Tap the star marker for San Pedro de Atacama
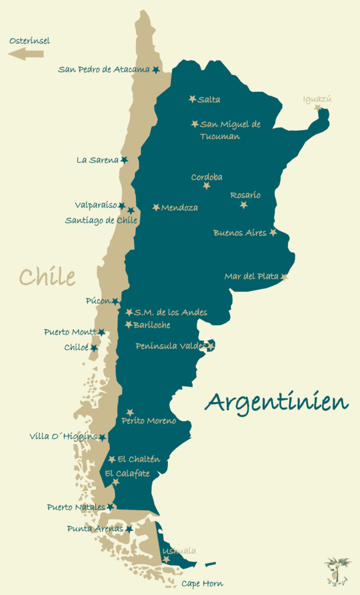pos(156,70)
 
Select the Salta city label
pos(209,100)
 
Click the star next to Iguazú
pos(318,107)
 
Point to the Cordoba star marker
pos(207,186)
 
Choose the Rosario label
pos(245,195)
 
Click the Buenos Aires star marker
pos(273,232)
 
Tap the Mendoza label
pos(179,207)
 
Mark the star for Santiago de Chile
pos(131,211)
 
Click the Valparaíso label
pos(96,205)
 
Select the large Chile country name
pos(47,277)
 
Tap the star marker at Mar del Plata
pos(285,277)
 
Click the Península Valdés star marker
pos(211,346)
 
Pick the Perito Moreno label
pos(149,421)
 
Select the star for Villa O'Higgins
pos(102,438)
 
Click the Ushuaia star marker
pos(167,560)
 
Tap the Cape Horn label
pos(202,583)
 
